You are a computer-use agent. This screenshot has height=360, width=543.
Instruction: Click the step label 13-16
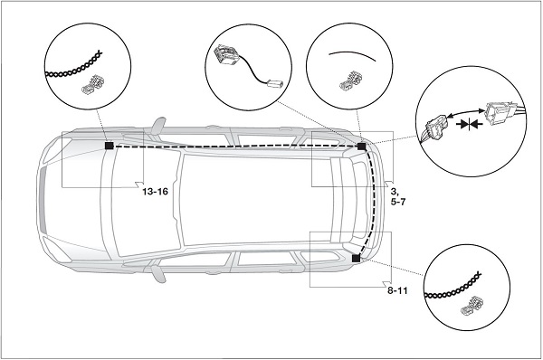pyautogui.click(x=155, y=192)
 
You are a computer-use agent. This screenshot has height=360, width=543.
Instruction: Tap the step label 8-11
pyautogui.click(x=397, y=290)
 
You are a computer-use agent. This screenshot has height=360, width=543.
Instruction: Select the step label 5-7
pyautogui.click(x=398, y=202)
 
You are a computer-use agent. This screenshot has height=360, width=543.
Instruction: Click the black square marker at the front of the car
pyautogui.click(x=110, y=146)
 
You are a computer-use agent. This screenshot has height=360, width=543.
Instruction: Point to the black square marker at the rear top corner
pyautogui.click(x=361, y=147)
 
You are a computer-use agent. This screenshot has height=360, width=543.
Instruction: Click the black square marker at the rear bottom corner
pyautogui.click(x=356, y=258)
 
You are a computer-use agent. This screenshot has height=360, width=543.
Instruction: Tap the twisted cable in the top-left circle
pyautogui.click(x=74, y=66)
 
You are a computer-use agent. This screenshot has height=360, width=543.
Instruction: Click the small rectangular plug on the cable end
pyautogui.click(x=275, y=83)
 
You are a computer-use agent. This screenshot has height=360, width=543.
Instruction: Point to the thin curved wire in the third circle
pyautogui.click(x=352, y=55)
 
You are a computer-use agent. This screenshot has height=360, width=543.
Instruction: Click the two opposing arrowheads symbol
pyautogui.click(x=469, y=124)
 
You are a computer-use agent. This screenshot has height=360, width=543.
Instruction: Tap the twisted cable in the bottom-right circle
pyautogui.click(x=452, y=287)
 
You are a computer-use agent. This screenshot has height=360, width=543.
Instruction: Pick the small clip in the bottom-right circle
pyautogui.click(x=472, y=306)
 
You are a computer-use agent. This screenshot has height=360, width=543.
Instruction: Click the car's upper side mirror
pyautogui.click(x=158, y=126)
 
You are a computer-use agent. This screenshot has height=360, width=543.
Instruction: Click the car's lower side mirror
pyautogui.click(x=158, y=274)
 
